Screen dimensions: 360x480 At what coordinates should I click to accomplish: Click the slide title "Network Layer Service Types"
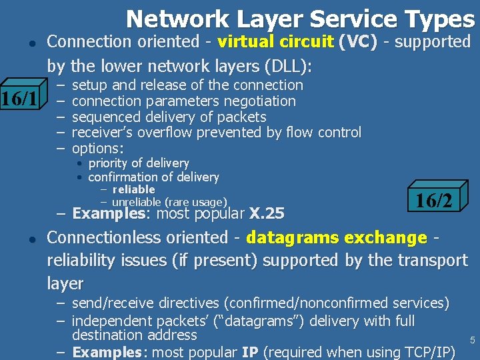(300, 18)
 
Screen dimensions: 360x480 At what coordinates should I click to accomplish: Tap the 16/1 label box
(20, 100)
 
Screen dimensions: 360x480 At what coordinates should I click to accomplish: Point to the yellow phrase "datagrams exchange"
(336, 238)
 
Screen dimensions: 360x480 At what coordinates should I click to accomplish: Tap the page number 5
(472, 341)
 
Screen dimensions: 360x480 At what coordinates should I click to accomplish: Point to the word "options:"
(97, 148)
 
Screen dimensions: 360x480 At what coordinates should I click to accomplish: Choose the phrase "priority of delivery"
(139, 163)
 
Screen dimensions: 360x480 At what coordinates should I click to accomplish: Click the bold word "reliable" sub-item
(133, 189)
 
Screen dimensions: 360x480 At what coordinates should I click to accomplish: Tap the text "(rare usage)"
(198, 202)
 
